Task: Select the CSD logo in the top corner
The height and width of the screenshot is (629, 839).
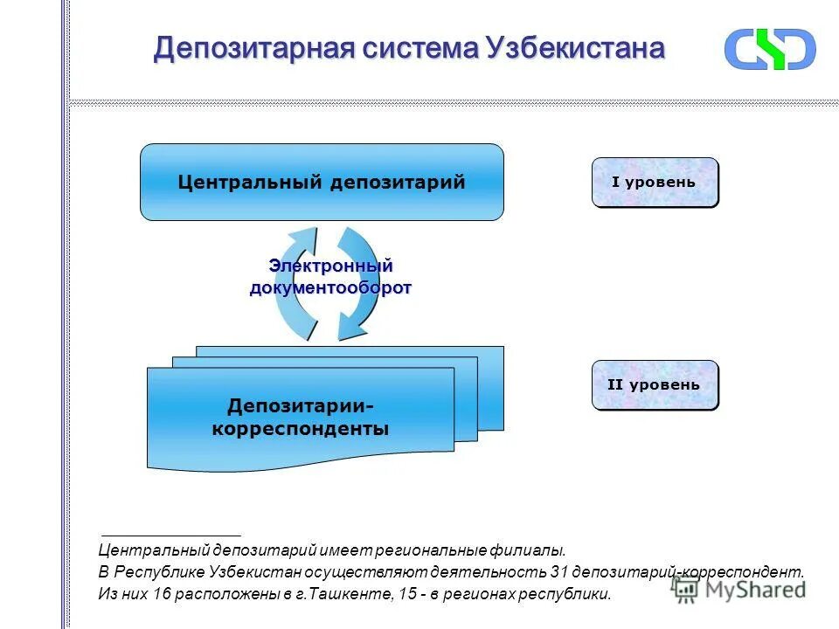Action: pyautogui.click(x=769, y=49)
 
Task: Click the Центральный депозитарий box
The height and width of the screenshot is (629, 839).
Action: pyautogui.click(x=322, y=182)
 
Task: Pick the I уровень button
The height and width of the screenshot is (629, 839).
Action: pyautogui.click(x=655, y=183)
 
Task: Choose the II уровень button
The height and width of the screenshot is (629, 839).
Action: pyautogui.click(x=655, y=385)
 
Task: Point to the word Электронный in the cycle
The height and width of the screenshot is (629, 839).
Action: pyautogui.click(x=330, y=266)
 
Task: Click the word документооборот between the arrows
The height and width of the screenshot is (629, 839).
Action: pyautogui.click(x=330, y=288)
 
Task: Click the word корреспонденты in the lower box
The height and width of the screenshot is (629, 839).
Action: pyautogui.click(x=301, y=429)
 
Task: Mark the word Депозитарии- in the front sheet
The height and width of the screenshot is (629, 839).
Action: pyautogui.click(x=301, y=406)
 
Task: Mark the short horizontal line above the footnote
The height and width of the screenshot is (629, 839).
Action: pyautogui.click(x=170, y=534)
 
